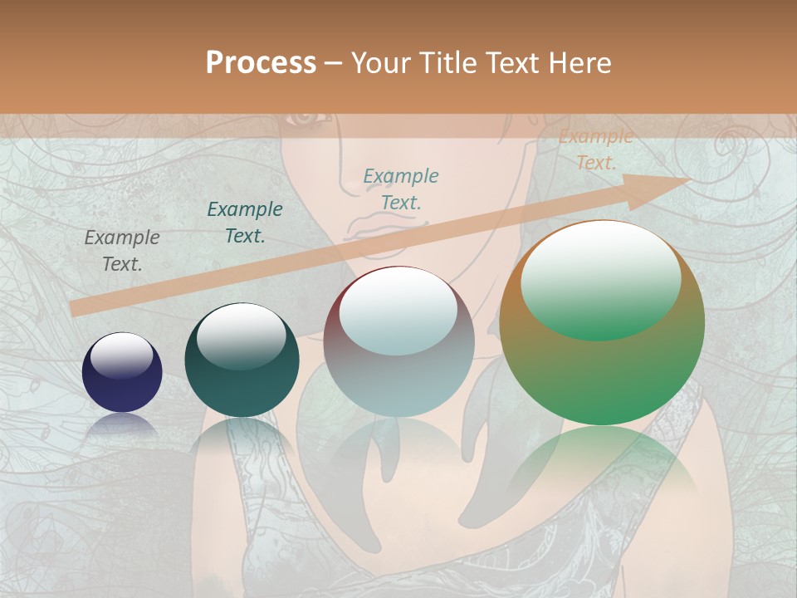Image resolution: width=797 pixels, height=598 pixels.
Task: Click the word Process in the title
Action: tap(261, 63)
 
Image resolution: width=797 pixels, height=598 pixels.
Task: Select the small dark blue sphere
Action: tap(122, 372)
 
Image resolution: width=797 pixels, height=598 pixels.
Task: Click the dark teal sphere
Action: tap(242, 360)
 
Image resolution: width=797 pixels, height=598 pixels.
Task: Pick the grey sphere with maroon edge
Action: tap(399, 341)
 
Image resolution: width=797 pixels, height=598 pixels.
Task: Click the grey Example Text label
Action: tap(121, 251)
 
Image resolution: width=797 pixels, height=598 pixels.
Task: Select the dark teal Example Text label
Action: tap(245, 223)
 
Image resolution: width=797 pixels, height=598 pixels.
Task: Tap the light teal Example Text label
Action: tap(401, 189)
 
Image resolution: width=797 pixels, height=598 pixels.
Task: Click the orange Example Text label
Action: tap(595, 149)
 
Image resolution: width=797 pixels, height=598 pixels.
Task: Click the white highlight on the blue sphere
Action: tap(122, 355)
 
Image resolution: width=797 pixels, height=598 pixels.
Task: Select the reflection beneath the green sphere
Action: tap(602, 465)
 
